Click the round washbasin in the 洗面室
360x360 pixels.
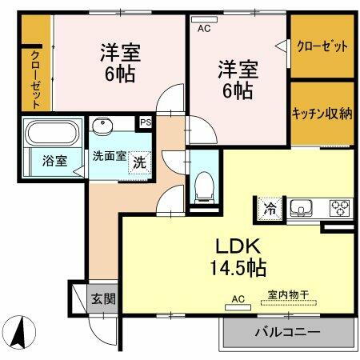click(102, 127)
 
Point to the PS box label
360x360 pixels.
click(146, 122)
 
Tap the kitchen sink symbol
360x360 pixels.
click(302, 208)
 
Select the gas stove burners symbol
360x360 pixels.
click(338, 208)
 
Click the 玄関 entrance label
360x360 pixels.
click(102, 300)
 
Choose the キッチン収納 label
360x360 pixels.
click(322, 113)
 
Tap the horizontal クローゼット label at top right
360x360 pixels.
click(322, 46)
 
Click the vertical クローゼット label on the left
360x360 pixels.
click(36, 78)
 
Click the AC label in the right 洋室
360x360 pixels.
click(203, 27)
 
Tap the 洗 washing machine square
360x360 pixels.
click(139, 159)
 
